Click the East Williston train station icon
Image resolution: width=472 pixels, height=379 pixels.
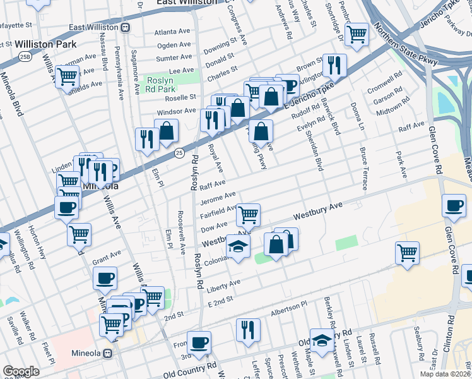click(x=126, y=27)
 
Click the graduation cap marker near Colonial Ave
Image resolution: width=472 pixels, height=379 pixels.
click(x=238, y=246)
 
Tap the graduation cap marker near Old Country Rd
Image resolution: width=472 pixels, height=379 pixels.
click(x=322, y=340)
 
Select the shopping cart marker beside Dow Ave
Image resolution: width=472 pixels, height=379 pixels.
click(x=249, y=215)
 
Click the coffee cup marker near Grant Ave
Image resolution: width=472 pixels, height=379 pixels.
click(x=105, y=277)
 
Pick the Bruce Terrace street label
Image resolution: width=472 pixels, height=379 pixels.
click(x=363, y=169)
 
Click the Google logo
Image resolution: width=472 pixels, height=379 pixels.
click(x=21, y=371)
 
